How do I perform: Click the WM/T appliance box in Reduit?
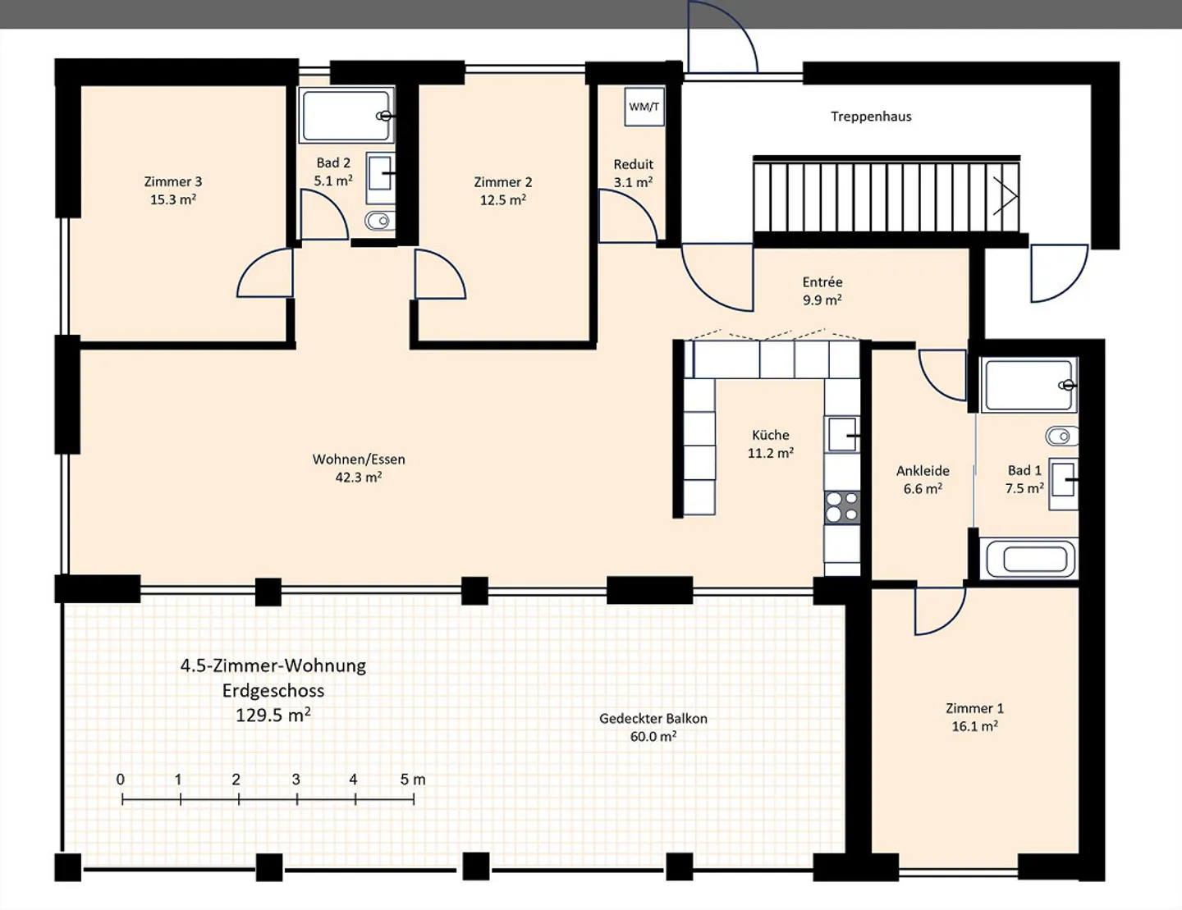tap(644, 107)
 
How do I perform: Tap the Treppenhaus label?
tap(871, 117)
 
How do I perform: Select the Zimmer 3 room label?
tap(173, 181)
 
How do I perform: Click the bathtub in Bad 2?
tap(346, 116)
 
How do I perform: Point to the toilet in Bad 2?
tap(380, 221)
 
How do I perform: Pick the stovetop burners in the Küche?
tap(842, 507)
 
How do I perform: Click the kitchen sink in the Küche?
tap(842, 434)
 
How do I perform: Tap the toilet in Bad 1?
tap(1062, 436)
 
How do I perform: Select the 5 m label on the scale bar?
tap(413, 780)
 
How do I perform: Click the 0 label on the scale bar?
tap(120, 780)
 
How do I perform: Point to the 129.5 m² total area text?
tap(273, 715)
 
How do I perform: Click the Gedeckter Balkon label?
tap(653, 719)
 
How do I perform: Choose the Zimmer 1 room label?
tap(975, 708)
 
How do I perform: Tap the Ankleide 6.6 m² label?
tap(923, 479)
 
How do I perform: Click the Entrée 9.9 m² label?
tap(822, 290)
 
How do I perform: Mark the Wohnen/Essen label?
tap(359, 460)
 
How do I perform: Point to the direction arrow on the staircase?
tap(1006, 195)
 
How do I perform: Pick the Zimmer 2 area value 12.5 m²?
tap(502, 200)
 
